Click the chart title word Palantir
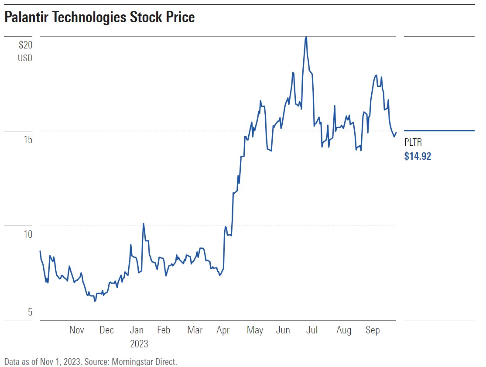28,17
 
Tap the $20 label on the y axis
25,45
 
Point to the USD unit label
25,58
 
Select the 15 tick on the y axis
27,140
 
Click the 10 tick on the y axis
27,234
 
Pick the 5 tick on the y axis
30,312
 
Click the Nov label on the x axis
77,330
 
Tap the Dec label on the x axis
106,330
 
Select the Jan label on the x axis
137,330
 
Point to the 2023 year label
139,344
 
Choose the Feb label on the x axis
164,330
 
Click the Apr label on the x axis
223,330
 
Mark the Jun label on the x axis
283,330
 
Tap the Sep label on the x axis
373,330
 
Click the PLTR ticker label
413,142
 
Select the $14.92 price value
418,156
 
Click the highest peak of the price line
306,37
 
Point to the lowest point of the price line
95,301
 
